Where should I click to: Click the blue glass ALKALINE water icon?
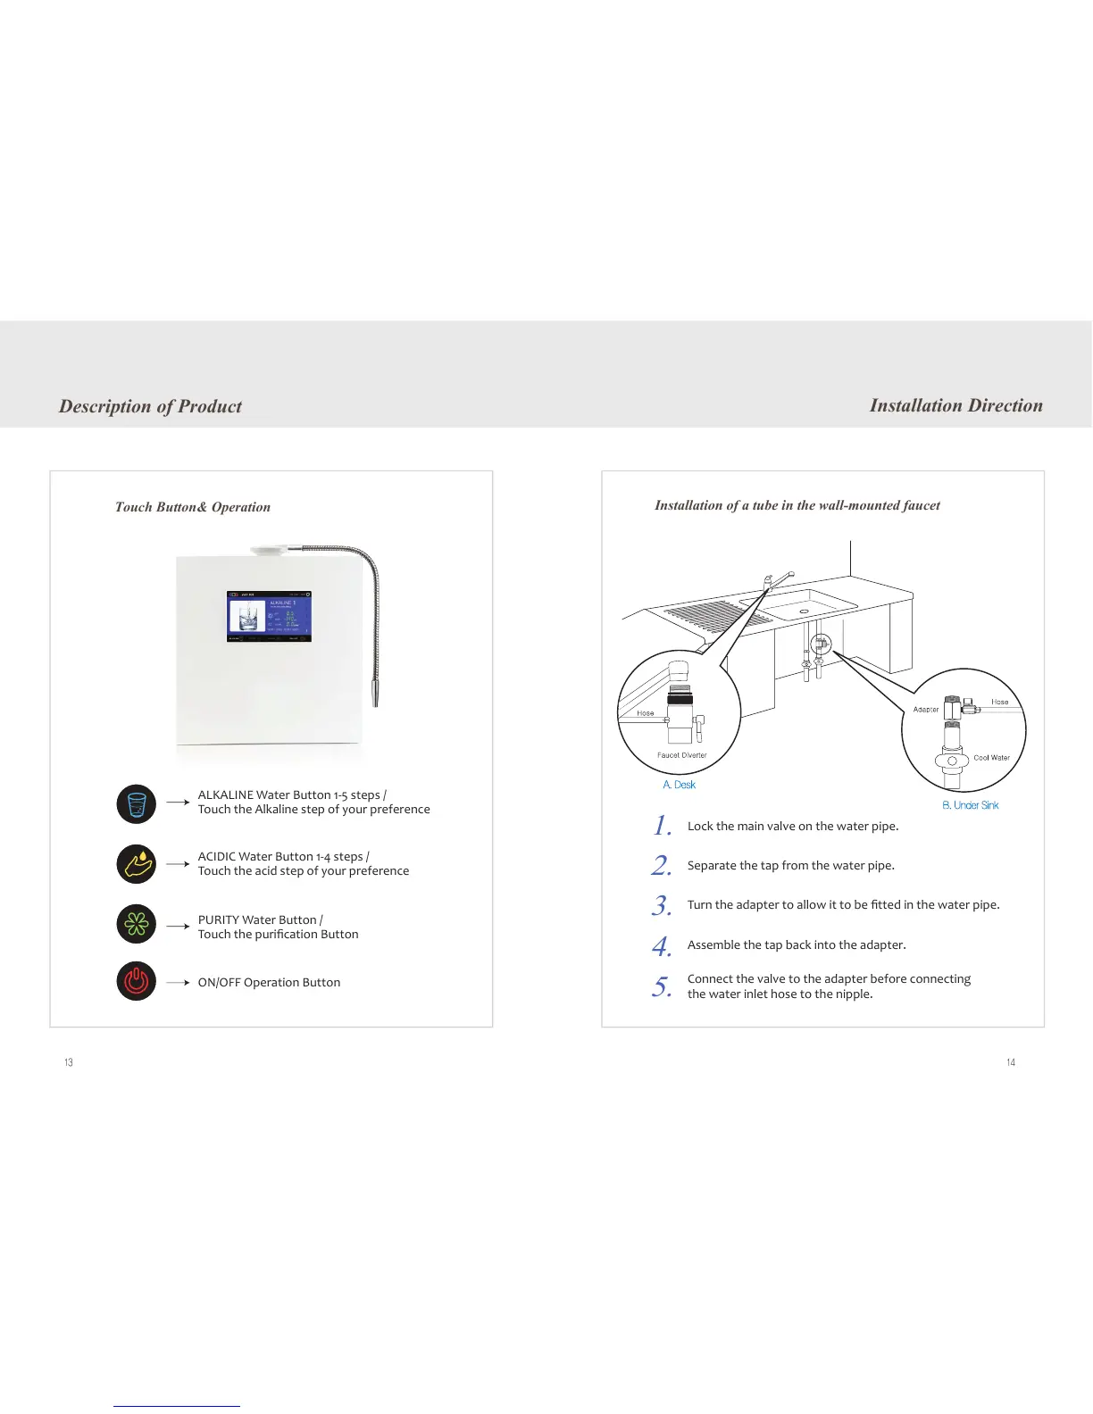click(x=136, y=803)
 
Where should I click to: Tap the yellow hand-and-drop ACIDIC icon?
click(x=136, y=864)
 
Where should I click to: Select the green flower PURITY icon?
click(x=136, y=924)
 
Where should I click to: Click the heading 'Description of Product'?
click(x=150, y=406)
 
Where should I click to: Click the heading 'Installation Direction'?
click(x=955, y=405)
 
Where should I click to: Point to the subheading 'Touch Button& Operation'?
click(x=192, y=507)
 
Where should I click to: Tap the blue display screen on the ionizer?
click(x=269, y=616)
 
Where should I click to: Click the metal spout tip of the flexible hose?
click(x=376, y=693)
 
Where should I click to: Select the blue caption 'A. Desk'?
click(x=679, y=785)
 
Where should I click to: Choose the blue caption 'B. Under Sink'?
click(x=970, y=805)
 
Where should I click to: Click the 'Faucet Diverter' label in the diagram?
click(x=681, y=755)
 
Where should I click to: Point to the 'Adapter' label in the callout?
click(x=925, y=710)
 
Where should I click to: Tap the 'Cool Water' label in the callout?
click(x=991, y=758)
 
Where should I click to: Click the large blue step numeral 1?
click(x=662, y=826)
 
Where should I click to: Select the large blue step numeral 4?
click(x=662, y=945)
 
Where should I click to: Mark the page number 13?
click(x=69, y=1062)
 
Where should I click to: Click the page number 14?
click(x=1011, y=1062)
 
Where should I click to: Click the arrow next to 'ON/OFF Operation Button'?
click(x=178, y=982)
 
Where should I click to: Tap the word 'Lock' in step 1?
click(x=700, y=827)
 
